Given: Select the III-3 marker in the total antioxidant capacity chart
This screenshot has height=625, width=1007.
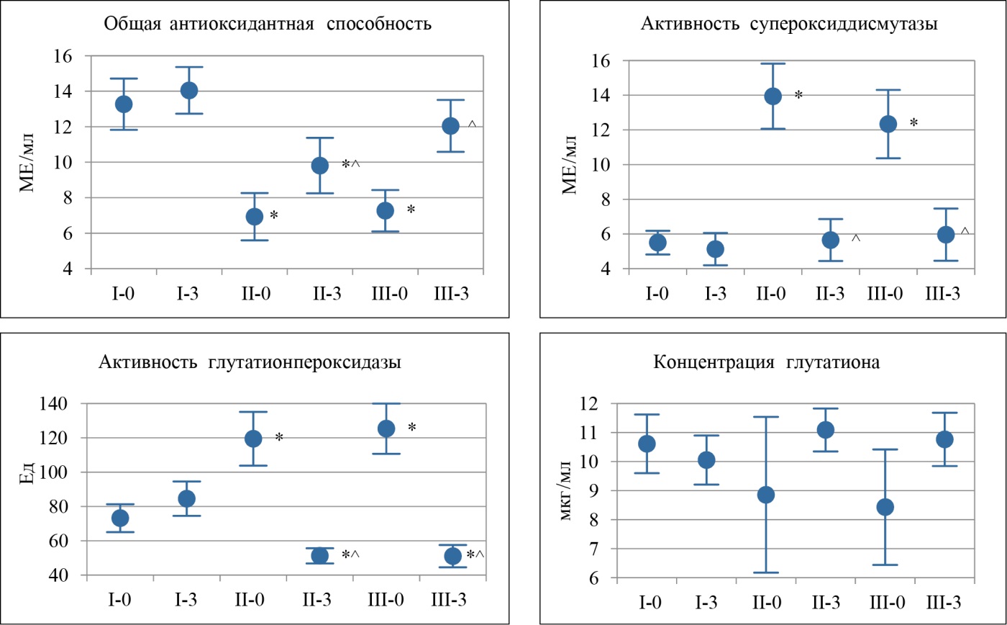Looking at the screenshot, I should coord(450,126).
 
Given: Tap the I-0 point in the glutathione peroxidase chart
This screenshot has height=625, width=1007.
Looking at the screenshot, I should coord(121,518).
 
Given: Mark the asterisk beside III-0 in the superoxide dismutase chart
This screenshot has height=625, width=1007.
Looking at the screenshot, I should coord(913,124).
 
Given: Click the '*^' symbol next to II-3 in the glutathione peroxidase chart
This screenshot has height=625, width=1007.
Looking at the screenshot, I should coord(350,555).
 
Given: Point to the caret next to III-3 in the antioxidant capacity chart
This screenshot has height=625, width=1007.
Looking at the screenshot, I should coord(473,125).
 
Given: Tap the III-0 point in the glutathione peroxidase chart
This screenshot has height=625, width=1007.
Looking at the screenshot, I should coord(386,428).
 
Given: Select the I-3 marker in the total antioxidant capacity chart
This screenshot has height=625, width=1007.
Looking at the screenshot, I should coord(189,91).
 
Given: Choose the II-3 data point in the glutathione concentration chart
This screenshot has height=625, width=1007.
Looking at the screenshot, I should coord(826,430).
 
